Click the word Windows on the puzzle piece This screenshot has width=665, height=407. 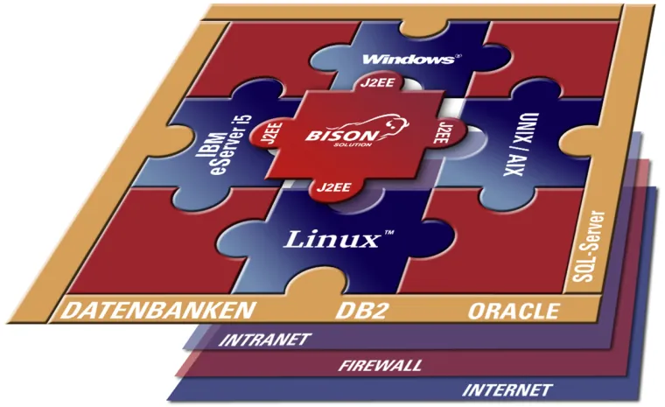click(405, 59)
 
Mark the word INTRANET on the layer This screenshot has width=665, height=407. click(262, 339)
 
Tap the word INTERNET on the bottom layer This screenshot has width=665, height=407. click(507, 389)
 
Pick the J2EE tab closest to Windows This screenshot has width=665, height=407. click(376, 85)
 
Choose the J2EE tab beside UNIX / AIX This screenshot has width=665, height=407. click(444, 130)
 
